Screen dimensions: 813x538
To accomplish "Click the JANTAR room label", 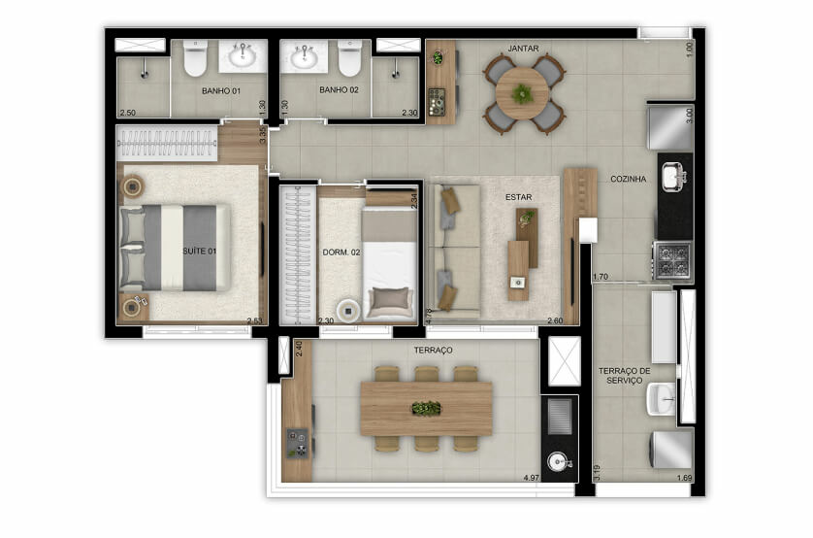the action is click(x=523, y=49).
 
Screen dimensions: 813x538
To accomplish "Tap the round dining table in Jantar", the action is click(x=523, y=94).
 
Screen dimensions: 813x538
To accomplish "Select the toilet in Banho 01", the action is click(x=195, y=58).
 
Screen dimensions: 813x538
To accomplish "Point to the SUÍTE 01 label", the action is click(x=199, y=252).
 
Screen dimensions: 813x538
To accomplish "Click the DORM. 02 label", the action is click(x=341, y=252).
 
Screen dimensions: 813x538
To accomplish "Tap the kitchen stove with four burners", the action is click(x=673, y=260).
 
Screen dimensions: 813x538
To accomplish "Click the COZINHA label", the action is click(x=629, y=179).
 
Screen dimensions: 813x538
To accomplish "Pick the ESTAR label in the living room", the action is click(x=518, y=197).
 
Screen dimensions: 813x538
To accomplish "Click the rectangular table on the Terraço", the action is click(x=426, y=409).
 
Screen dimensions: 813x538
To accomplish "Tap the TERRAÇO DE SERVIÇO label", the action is click(x=624, y=376).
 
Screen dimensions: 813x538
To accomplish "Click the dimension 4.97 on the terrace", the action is click(x=532, y=478).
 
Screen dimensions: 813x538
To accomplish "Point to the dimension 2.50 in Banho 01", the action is click(x=127, y=113).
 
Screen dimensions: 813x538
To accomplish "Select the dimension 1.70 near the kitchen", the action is click(x=601, y=277).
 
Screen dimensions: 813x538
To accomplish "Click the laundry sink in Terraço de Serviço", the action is click(x=662, y=398).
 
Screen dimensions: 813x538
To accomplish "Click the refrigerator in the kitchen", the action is click(x=670, y=127).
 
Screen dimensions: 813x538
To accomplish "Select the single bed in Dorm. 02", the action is click(x=389, y=263).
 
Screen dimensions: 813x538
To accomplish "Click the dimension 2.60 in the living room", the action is click(x=555, y=320).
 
